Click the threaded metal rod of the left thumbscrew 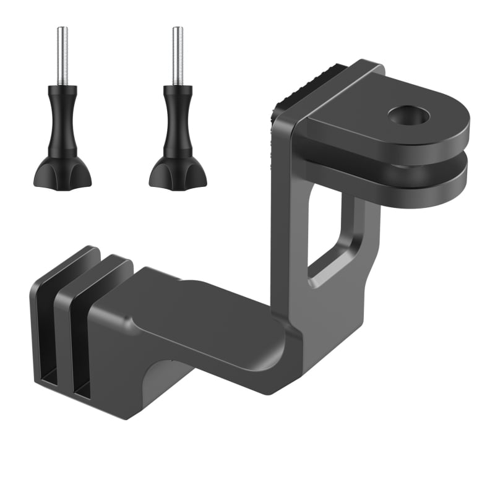pyautogui.click(x=62, y=56)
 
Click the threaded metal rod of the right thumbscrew pyautogui.click(x=178, y=56)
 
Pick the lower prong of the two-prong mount pyautogui.click(x=396, y=183)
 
